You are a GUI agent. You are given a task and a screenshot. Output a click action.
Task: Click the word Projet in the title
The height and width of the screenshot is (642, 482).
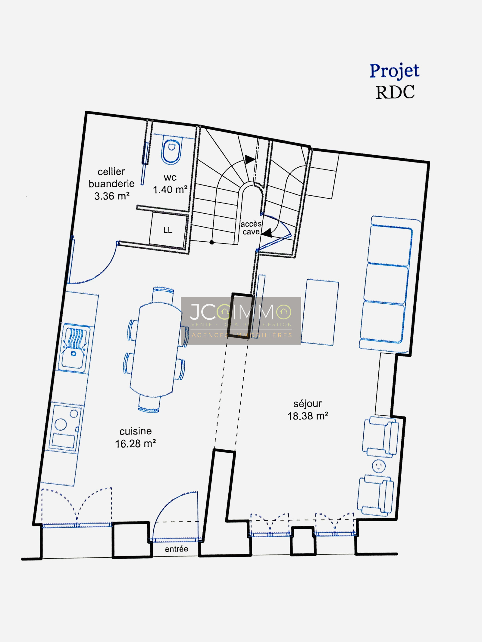click(394, 71)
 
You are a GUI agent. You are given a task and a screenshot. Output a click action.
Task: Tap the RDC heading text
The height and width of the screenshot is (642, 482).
click(395, 92)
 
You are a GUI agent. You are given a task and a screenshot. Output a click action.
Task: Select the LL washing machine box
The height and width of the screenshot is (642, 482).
click(168, 231)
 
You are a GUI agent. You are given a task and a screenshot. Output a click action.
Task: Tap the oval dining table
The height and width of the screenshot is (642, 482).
click(155, 349)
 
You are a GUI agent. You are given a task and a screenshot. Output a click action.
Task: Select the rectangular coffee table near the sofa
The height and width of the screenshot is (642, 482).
click(320, 312)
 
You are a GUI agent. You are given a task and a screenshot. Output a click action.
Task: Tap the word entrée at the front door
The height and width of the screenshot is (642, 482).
click(177, 549)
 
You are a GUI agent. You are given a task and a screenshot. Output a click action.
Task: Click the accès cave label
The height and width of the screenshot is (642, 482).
click(251, 228)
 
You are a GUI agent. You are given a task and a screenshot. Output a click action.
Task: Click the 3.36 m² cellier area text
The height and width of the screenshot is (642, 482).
click(112, 196)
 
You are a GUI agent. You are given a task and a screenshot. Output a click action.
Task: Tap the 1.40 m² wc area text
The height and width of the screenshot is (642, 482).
click(170, 190)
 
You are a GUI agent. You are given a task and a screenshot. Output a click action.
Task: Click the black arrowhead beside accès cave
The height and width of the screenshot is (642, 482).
click(267, 233)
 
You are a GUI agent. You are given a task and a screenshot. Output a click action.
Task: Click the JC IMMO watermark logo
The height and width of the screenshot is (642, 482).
click(241, 321)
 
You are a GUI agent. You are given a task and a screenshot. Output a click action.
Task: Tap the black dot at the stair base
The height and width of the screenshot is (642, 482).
click(212, 242)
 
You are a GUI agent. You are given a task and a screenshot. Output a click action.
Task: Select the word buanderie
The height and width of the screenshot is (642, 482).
click(111, 184)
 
